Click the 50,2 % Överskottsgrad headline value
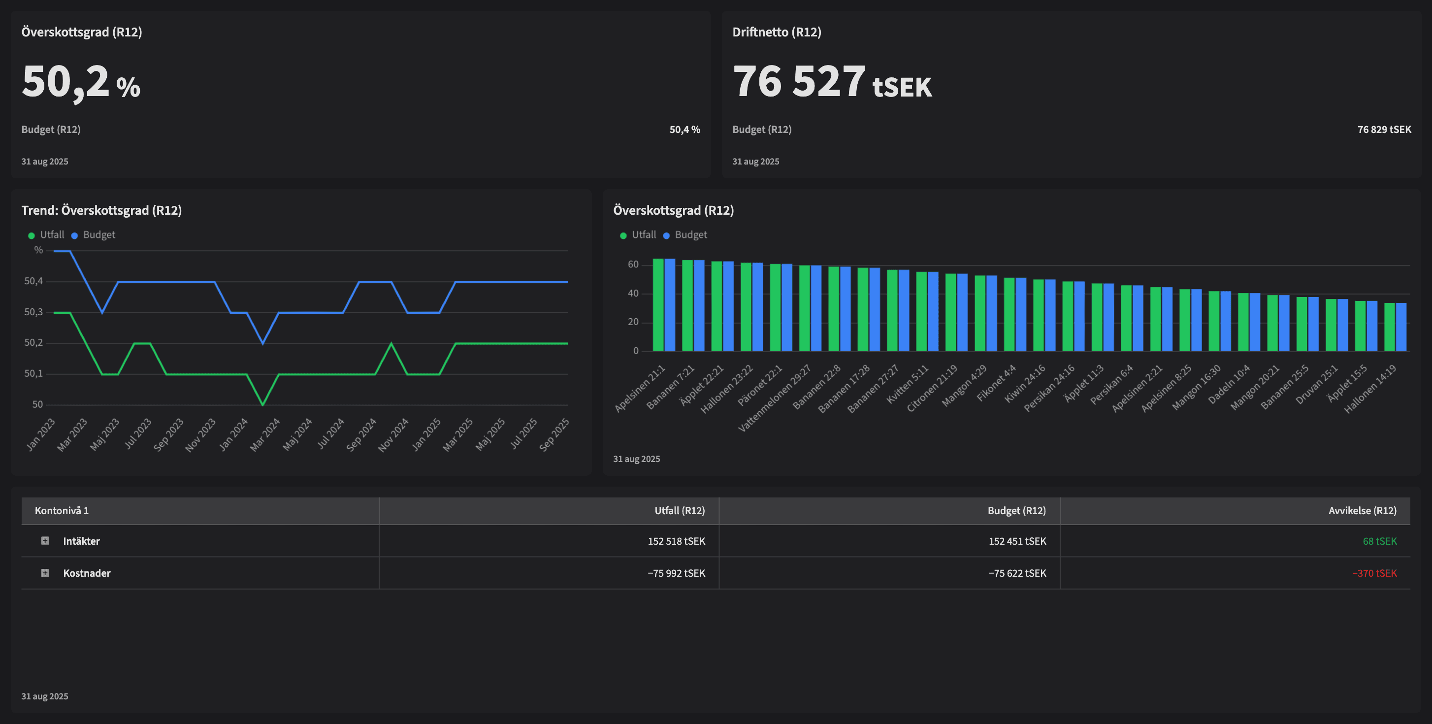[81, 82]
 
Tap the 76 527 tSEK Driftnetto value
[832, 82]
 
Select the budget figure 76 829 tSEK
[1384, 130]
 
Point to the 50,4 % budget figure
[684, 130]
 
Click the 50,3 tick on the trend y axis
[33, 312]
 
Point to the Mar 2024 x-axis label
[265, 434]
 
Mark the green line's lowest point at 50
[263, 404]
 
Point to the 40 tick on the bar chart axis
[633, 294]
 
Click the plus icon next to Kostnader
[45, 573]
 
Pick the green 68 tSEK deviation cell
[1379, 541]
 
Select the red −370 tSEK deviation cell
[1374, 573]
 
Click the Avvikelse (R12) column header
[1362, 510]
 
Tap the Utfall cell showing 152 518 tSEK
[676, 541]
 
